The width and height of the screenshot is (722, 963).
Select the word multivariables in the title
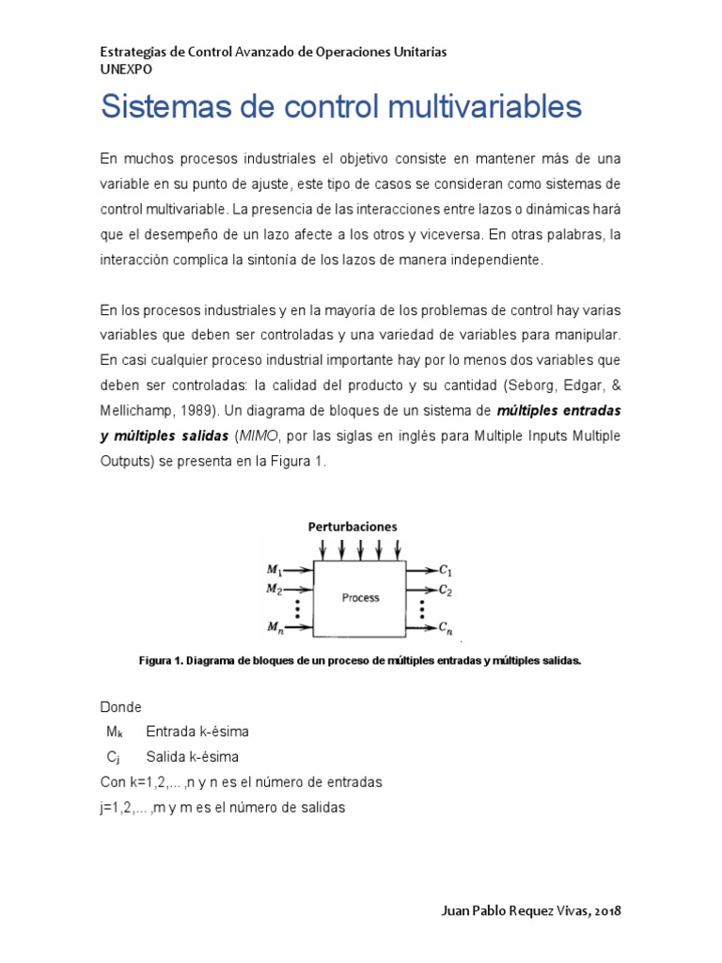click(x=487, y=107)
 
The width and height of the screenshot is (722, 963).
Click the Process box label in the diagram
click(x=360, y=597)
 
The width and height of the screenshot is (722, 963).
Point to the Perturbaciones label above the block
click(x=353, y=527)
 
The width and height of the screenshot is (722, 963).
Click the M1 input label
click(x=275, y=569)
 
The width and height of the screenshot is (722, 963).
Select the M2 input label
click(x=275, y=590)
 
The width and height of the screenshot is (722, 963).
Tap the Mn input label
click(x=275, y=627)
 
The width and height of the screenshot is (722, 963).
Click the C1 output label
click(x=446, y=569)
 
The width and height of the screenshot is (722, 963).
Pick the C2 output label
click(x=446, y=591)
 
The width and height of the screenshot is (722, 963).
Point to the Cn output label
click(x=446, y=627)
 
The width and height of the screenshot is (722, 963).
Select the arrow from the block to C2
click(x=420, y=591)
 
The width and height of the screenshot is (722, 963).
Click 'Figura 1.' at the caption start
click(x=160, y=661)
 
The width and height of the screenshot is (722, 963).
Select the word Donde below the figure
click(x=120, y=706)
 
